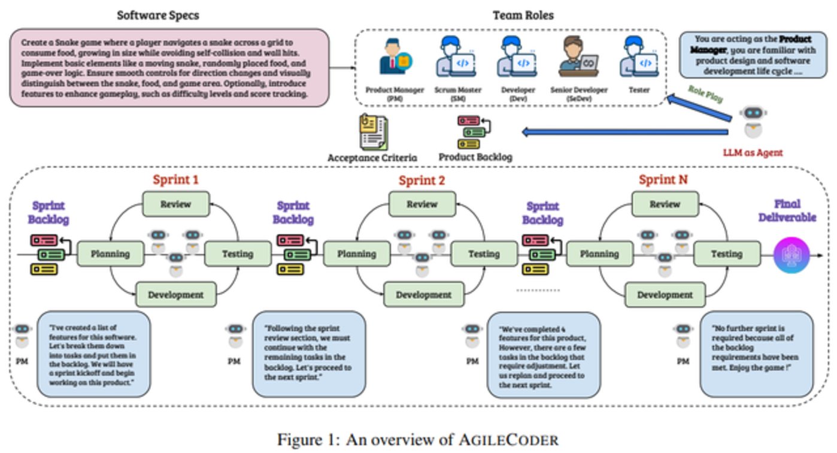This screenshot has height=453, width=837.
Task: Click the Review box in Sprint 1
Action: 175,204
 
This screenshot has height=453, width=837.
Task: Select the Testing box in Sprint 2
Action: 484,253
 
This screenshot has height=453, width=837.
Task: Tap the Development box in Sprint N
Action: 665,295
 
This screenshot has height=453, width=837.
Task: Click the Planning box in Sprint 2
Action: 356,253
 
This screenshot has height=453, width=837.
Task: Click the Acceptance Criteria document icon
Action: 373,132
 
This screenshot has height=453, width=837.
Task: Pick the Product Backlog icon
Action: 474,132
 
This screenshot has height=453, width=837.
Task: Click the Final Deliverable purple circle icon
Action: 791,255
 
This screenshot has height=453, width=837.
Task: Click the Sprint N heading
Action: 663,180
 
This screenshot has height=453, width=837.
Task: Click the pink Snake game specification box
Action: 170,68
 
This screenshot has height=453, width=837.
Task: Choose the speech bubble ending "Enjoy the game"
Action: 757,353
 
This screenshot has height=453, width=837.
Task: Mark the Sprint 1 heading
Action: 175,180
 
